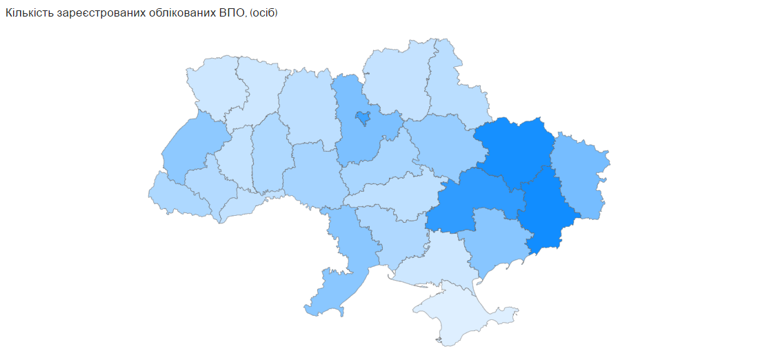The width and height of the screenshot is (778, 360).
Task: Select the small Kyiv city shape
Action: [361, 118]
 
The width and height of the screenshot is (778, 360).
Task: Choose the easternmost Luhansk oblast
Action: [579, 176]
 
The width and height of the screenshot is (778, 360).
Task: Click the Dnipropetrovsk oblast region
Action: [476, 203]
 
